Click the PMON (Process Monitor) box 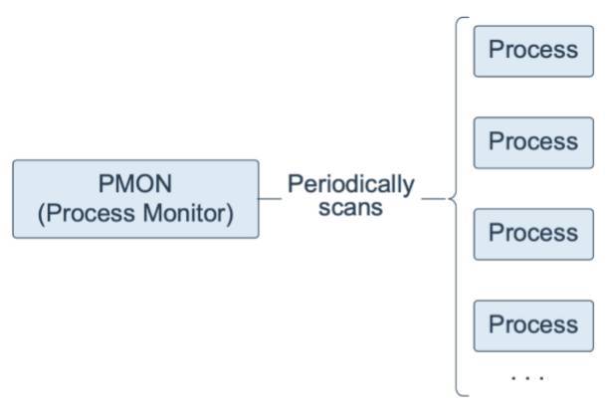(135, 199)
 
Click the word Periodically (350, 185)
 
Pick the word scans (350, 209)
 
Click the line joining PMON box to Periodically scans (270, 199)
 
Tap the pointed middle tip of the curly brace (450, 199)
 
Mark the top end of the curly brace (464, 19)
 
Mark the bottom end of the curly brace (464, 394)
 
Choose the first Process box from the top (532, 51)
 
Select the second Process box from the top (532, 142)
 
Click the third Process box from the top (532, 234)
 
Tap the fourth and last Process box (532, 325)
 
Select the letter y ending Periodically (409, 187)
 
